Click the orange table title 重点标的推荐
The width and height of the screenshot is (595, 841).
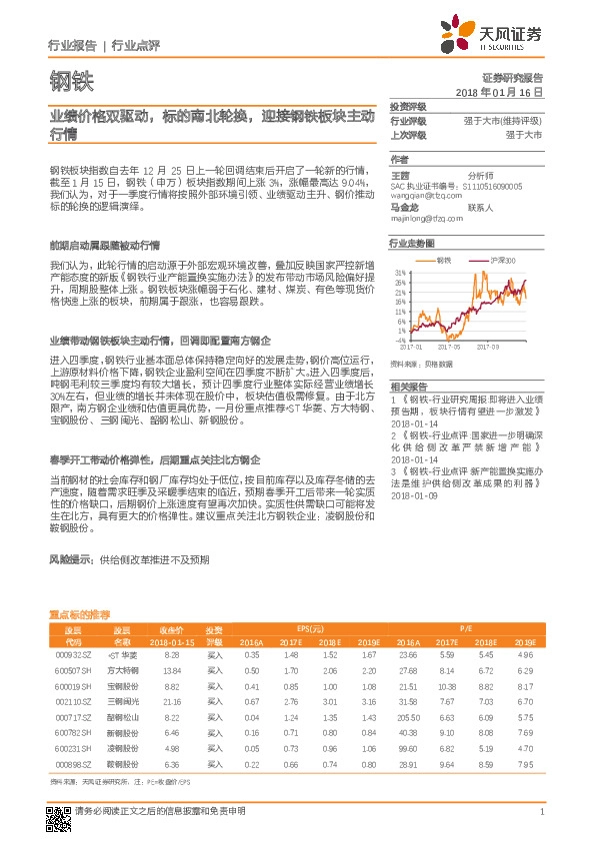pos(79,614)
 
